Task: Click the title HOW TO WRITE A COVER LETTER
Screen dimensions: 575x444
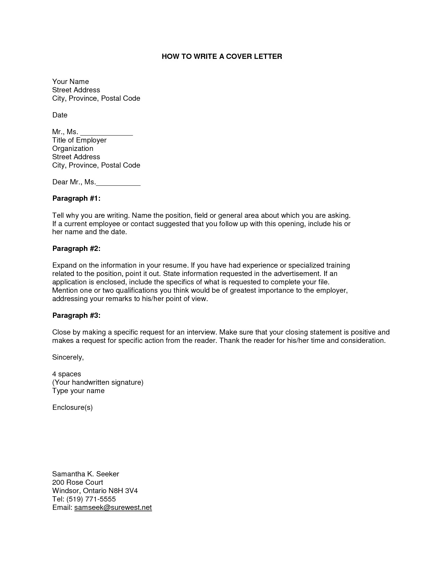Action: (x=222, y=56)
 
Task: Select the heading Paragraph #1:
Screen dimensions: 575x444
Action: (x=76, y=199)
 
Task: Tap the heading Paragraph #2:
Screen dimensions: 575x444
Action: (x=76, y=249)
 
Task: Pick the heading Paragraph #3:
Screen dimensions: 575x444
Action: (x=76, y=316)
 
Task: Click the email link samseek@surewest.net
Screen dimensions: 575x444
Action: (x=113, y=508)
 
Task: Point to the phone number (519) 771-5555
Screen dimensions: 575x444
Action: (x=91, y=499)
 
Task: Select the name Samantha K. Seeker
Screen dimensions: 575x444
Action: (x=86, y=474)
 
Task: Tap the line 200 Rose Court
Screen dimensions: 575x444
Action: (x=78, y=483)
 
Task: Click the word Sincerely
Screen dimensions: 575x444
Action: (x=68, y=358)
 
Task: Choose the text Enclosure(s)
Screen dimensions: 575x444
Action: (x=72, y=408)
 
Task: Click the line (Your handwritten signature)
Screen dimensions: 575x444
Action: (x=98, y=383)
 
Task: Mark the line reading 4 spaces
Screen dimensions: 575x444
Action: (x=67, y=374)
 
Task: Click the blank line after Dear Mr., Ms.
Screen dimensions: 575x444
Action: (x=118, y=183)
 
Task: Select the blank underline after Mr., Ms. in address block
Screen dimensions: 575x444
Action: (x=107, y=133)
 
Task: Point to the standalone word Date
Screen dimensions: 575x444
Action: (x=60, y=115)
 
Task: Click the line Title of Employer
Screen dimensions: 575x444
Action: (x=79, y=140)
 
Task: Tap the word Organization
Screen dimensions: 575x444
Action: (x=73, y=149)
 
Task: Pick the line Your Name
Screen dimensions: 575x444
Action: (x=71, y=82)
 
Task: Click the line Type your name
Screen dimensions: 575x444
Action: (x=78, y=391)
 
